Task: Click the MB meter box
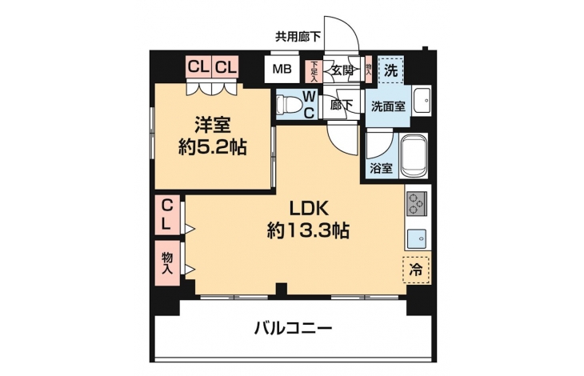pos(282,70)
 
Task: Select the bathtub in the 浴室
pos(413,156)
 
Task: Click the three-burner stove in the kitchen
pos(416,204)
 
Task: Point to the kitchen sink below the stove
pos(416,239)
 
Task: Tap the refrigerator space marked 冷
pos(416,270)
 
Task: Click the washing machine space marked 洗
pos(390,70)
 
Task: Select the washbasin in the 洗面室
pos(422,101)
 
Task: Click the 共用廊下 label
pos(298,37)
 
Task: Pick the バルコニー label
pos(293,328)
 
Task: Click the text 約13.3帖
pos(308,231)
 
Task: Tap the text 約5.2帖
pos(212,147)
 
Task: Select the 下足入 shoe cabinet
pos(314,70)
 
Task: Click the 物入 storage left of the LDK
pos(167,263)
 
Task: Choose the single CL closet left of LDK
pos(167,215)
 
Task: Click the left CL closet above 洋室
pos(198,67)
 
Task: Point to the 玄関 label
pos(342,70)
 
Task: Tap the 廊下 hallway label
pos(342,105)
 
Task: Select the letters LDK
pos(309,210)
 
